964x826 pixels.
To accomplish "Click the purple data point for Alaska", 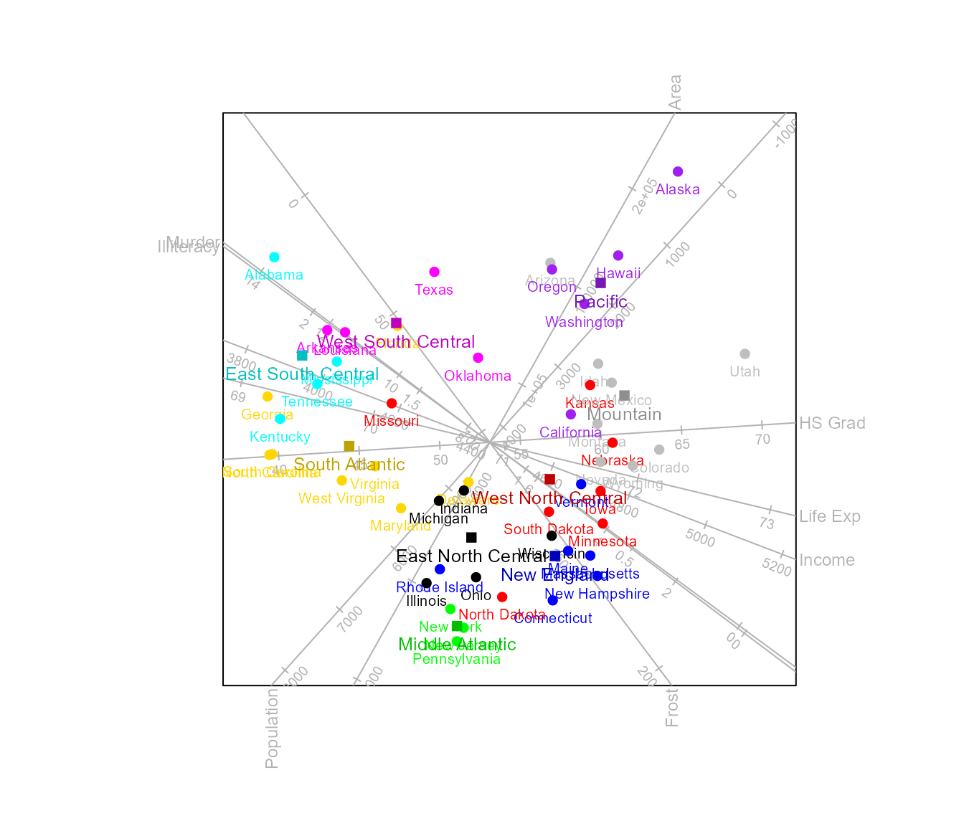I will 678,171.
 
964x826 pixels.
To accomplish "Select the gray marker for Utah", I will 745,354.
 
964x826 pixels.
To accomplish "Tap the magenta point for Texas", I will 434,272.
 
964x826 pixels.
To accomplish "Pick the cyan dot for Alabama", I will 274,257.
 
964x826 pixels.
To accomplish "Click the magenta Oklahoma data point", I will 478,358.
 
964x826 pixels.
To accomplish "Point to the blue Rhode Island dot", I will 440,569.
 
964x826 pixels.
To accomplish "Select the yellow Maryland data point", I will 401,508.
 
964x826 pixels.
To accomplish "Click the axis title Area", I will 675,92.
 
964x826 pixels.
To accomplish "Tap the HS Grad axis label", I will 832,423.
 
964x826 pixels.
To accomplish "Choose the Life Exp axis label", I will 830,516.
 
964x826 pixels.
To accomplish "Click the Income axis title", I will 827,560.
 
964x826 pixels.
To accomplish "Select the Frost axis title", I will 672,708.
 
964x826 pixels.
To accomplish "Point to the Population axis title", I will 272,728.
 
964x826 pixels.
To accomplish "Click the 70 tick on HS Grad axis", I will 762,439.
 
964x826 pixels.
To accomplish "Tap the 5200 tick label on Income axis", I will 777,568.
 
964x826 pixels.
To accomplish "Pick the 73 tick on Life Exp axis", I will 767,524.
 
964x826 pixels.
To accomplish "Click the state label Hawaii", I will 618,273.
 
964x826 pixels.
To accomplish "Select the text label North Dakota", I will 501,614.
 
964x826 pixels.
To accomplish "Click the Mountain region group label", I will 624,414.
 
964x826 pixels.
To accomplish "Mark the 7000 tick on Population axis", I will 351,619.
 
